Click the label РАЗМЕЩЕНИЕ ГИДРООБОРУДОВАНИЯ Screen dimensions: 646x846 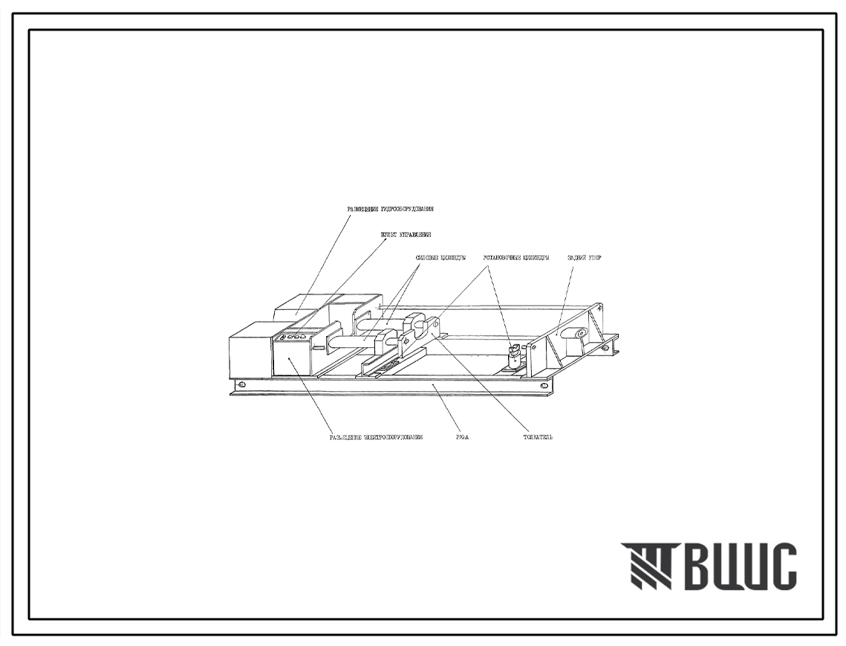391,210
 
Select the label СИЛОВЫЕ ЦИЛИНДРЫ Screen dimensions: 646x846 440,259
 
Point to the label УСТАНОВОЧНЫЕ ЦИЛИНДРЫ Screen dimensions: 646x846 516,259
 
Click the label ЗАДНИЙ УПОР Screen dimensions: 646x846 583,259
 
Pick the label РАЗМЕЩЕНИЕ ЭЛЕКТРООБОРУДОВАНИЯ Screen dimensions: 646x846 376,438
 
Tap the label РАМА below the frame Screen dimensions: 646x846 462,438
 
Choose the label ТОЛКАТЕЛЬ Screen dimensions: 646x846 537,438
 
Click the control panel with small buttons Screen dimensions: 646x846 294,338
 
